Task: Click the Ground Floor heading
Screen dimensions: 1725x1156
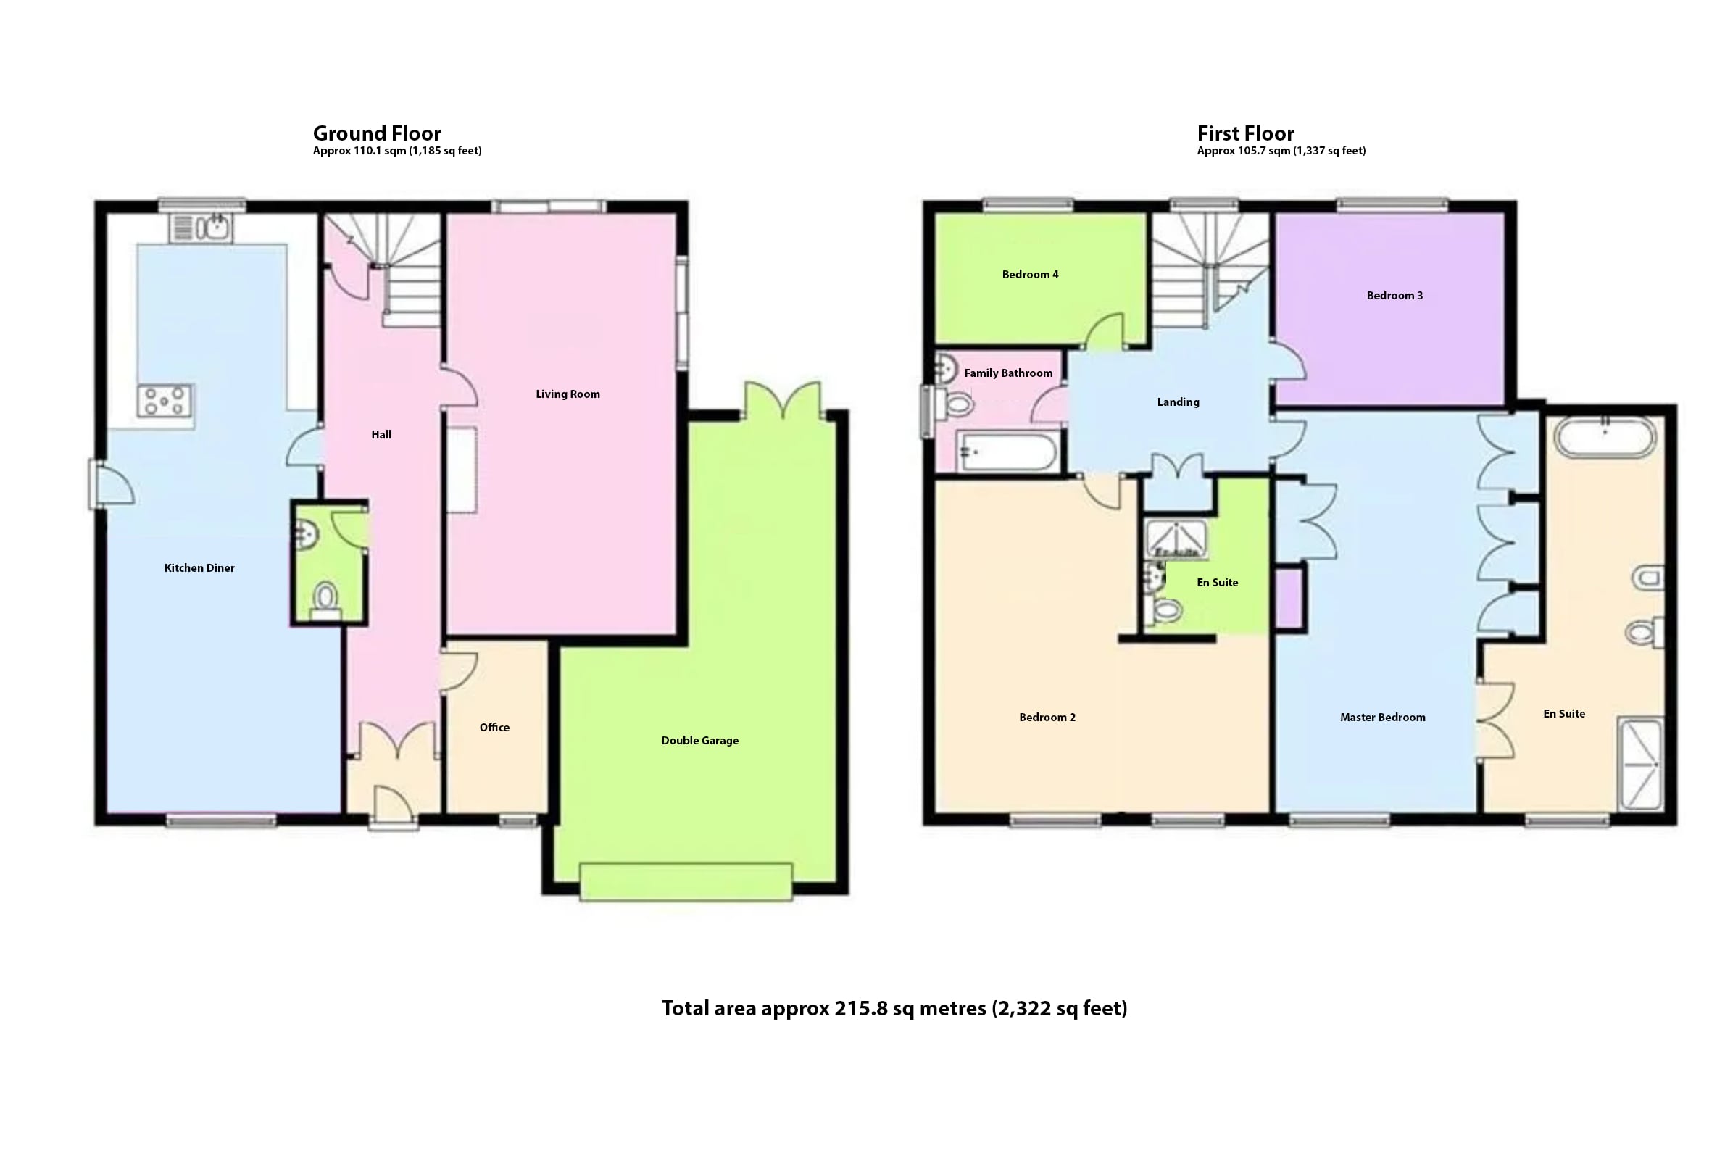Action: (377, 133)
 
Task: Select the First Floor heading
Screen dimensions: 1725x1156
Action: (1245, 133)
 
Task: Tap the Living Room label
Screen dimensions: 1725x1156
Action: (568, 394)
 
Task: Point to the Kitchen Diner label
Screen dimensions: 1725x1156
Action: (199, 568)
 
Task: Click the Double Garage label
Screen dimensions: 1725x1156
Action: (699, 741)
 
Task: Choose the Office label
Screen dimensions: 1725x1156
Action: (494, 728)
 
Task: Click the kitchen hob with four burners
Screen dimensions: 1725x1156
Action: (165, 401)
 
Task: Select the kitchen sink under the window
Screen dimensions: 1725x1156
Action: (201, 227)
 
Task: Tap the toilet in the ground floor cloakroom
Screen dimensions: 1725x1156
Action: (326, 599)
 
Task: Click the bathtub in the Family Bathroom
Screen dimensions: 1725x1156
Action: (1007, 452)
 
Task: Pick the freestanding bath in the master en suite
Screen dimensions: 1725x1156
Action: (1605, 436)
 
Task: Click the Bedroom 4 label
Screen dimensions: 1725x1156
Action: (1030, 275)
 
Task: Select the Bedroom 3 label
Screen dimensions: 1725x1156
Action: (1394, 296)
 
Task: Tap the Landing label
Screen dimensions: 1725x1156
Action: (1178, 402)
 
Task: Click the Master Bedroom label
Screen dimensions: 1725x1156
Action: (1382, 718)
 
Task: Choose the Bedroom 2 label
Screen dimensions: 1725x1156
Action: (1047, 718)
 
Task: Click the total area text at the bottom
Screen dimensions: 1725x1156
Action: (894, 1009)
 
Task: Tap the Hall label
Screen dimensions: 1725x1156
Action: (381, 435)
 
